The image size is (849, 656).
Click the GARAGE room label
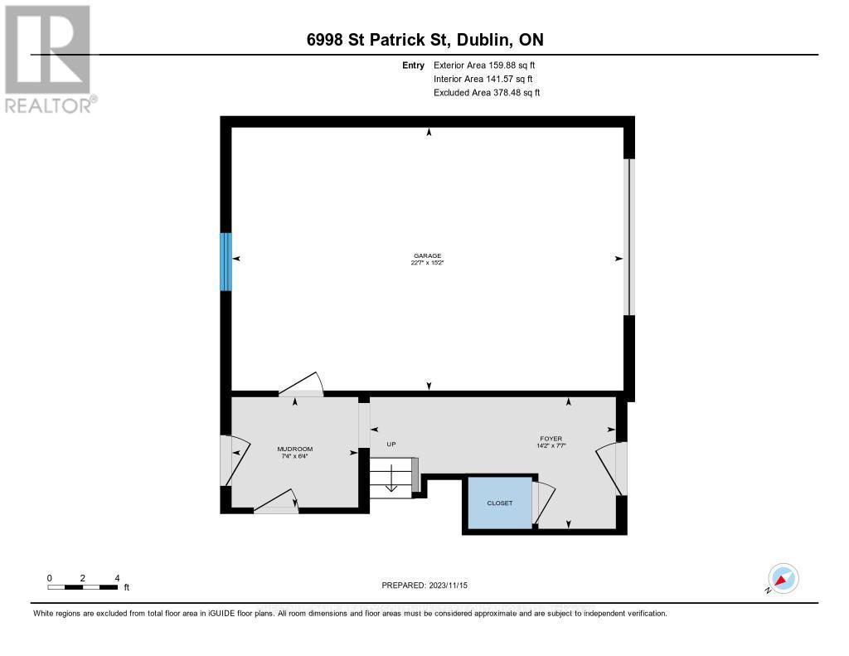(428, 255)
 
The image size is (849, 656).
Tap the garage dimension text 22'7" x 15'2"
(428, 264)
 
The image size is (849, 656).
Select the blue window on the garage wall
(226, 261)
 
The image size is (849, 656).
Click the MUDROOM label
(294, 449)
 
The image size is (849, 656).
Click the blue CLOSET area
(499, 503)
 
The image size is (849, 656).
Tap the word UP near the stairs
(391, 445)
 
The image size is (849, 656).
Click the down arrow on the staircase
(391, 480)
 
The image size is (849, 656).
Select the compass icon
(783, 578)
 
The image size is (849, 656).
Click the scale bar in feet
(82, 587)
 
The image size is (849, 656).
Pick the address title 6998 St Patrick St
(424, 40)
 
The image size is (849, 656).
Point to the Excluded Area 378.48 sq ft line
(487, 93)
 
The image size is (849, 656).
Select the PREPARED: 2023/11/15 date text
(424, 585)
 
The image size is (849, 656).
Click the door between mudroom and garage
(301, 384)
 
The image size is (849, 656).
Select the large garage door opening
(628, 237)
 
